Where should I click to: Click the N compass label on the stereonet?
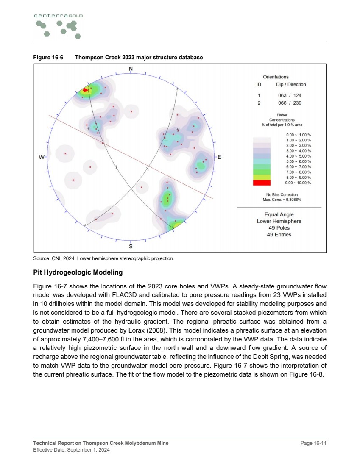point(131,69)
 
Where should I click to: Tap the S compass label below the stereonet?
point(131,246)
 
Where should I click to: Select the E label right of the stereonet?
point(219,157)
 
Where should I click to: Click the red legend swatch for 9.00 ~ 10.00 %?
point(261,183)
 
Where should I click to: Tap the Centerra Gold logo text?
point(58,15)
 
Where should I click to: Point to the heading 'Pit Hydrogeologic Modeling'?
point(78,272)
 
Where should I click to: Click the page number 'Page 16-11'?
point(313,443)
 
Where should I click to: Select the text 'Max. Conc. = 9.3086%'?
point(282,199)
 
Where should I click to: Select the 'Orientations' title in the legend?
point(276,77)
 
